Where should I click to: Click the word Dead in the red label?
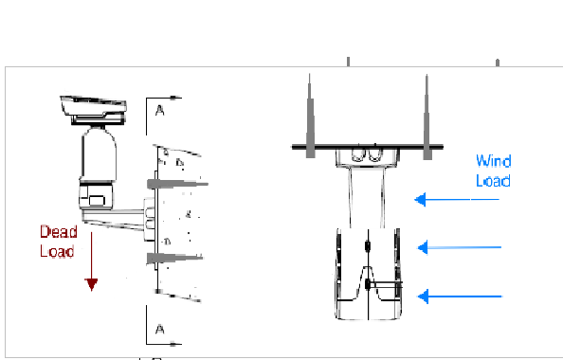pos(59,232)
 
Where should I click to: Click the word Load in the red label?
pos(57,251)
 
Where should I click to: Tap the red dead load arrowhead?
pos(92,284)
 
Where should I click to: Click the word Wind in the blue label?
pos(494,161)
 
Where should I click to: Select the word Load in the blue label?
pos(493,181)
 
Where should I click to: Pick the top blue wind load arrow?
pos(457,199)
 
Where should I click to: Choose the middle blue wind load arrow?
pos(460,247)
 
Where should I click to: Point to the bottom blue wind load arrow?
pos(460,297)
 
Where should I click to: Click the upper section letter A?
pos(160,111)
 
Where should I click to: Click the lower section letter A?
pos(160,329)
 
